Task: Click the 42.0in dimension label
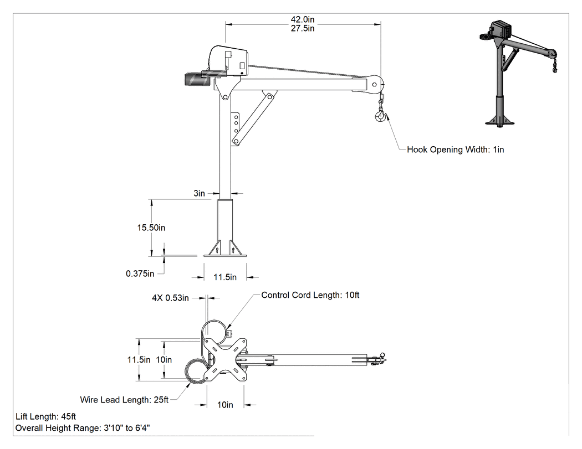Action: click(303, 19)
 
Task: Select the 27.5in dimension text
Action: click(303, 29)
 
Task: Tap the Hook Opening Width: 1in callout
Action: click(456, 150)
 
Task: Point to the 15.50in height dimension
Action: click(151, 228)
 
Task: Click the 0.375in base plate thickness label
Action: click(140, 274)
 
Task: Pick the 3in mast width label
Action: click(200, 193)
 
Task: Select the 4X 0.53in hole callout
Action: click(170, 298)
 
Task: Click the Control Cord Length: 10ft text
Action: click(310, 295)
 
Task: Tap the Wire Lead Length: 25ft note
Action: click(124, 400)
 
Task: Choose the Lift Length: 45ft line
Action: click(45, 417)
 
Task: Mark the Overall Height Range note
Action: click(83, 428)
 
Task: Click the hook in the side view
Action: click(380, 115)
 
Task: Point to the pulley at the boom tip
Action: click(375, 85)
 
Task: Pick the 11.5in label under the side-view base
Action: click(225, 277)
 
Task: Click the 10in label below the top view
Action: click(225, 405)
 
